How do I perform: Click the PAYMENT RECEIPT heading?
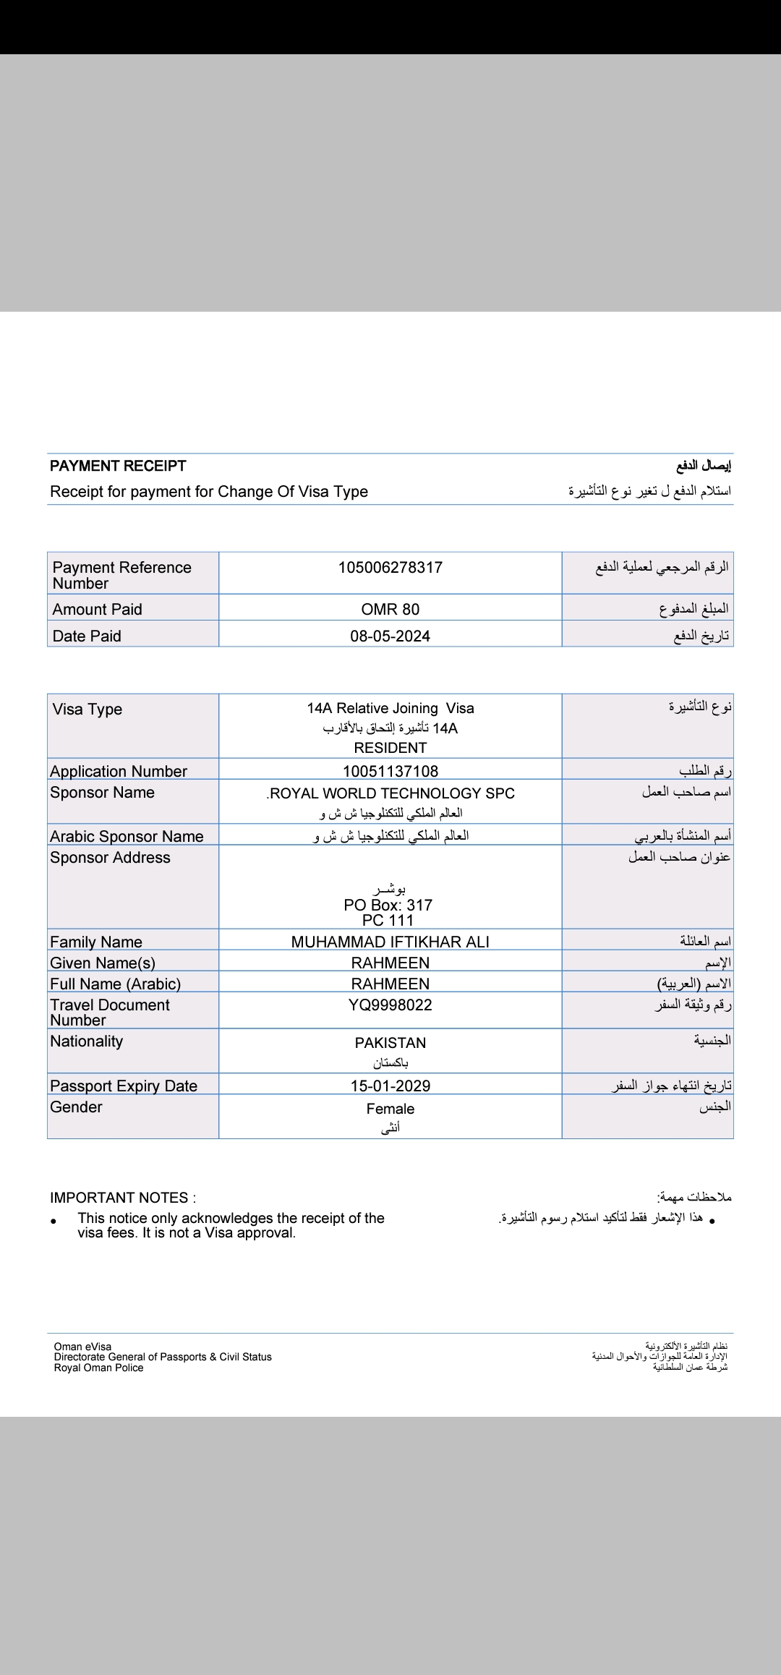click(118, 466)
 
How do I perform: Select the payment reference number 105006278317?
click(390, 568)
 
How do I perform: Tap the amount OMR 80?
click(390, 610)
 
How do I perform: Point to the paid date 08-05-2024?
click(390, 636)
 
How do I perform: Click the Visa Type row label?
click(88, 709)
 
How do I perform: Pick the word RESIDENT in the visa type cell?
click(390, 748)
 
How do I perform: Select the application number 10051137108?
click(390, 772)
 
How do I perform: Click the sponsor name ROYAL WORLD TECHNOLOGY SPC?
click(391, 793)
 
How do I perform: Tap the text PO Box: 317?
click(388, 905)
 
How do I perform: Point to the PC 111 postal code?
click(388, 921)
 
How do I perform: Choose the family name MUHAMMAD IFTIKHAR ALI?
click(390, 942)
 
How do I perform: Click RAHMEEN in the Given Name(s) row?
click(390, 963)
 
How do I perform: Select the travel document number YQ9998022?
click(390, 1005)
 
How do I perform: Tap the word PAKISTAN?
click(390, 1043)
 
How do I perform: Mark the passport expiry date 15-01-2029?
click(390, 1086)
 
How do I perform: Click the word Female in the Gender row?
click(390, 1109)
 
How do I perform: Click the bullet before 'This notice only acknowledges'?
click(54, 1222)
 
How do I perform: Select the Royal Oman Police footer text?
click(98, 1368)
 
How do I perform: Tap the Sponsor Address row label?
click(110, 858)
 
